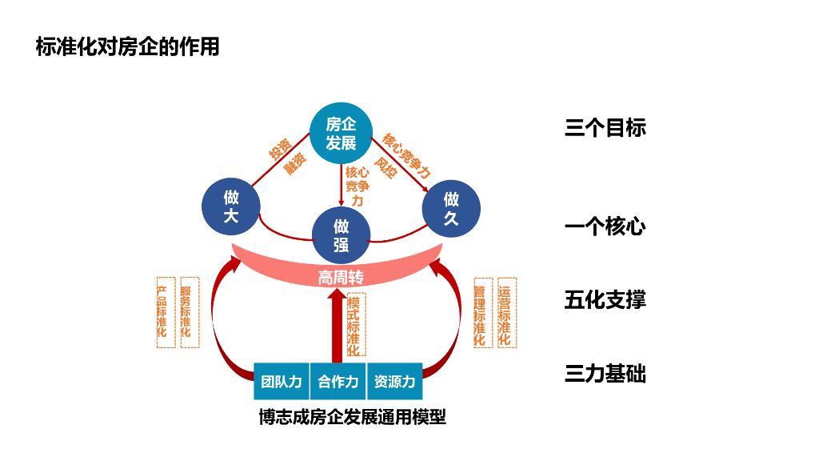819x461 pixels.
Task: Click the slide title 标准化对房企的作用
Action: (127, 46)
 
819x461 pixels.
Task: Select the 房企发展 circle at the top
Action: (342, 133)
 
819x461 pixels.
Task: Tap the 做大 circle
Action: (231, 206)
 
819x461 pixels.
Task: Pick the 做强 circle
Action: (342, 235)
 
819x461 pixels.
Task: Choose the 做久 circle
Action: (451, 208)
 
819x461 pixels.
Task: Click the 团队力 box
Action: (282, 382)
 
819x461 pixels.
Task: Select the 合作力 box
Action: (338, 382)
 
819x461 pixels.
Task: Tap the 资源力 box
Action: (394, 382)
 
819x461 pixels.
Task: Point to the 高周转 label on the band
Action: (342, 277)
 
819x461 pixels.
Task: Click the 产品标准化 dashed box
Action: (165, 312)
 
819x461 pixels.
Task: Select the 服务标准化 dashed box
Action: (190, 312)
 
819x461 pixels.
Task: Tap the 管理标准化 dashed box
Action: (480, 312)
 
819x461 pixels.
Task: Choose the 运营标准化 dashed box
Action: (506, 312)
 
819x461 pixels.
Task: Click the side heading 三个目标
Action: (605, 128)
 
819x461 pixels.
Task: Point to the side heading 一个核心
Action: (605, 227)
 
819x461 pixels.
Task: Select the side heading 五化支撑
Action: (605, 301)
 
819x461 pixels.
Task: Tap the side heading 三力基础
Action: (605, 375)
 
